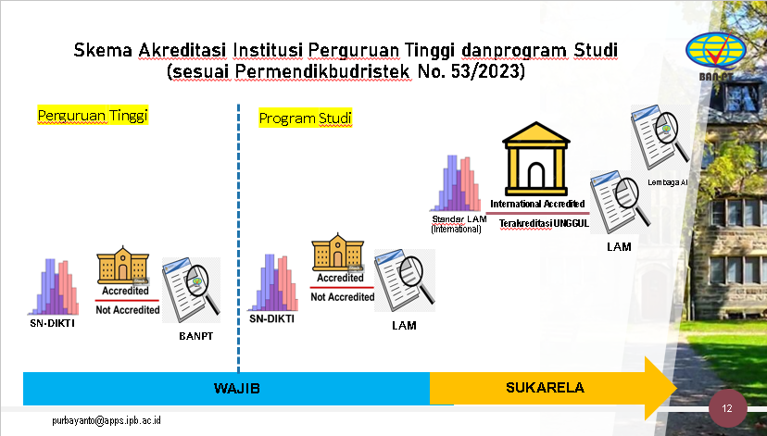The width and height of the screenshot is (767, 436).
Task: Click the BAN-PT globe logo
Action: pos(716,56)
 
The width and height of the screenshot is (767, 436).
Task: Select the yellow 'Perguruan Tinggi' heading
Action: pos(93,116)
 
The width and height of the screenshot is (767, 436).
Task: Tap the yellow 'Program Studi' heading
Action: pos(306,118)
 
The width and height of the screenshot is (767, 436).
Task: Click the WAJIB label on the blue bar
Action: pos(237,389)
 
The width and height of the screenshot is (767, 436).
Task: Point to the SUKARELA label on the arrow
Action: pos(545,388)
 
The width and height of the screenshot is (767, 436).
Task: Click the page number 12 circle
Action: pos(727,408)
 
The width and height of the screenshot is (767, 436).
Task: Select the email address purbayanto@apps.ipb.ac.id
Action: pos(107,420)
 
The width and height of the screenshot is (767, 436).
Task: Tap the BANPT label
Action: pos(195,336)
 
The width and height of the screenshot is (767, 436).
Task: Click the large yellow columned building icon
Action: pos(536,159)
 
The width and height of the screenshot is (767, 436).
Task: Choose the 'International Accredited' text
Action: pos(537,204)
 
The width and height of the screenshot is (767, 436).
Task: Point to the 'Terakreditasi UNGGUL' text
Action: pos(544,224)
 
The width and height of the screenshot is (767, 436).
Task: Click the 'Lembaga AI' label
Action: pos(667,182)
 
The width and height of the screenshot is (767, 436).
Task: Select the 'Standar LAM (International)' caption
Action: pos(459,224)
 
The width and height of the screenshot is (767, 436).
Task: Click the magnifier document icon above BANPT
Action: pos(191,291)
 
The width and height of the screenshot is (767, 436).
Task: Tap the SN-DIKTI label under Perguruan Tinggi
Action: pos(53,323)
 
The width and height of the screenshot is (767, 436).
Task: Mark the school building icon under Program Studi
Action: pos(337,252)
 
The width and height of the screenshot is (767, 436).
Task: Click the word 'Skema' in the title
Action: pos(103,50)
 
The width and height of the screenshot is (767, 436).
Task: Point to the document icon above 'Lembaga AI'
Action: pos(660,137)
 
